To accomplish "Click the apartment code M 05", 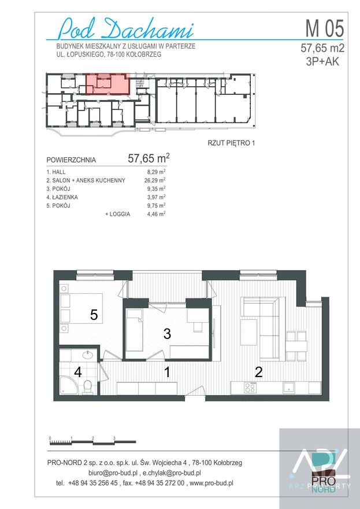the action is click(x=324, y=28).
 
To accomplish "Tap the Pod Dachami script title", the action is click(x=127, y=29).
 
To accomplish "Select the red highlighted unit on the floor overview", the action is click(x=107, y=84).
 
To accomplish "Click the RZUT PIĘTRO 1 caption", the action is click(x=231, y=143).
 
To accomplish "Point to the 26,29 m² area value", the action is click(x=155, y=180).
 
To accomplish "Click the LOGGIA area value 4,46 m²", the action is click(x=157, y=214).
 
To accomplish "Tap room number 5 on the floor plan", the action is click(x=94, y=315).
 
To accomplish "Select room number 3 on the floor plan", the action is click(x=167, y=334).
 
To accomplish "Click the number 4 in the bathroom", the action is click(x=78, y=372).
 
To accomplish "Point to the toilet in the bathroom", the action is click(x=87, y=386).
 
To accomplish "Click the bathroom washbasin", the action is click(x=88, y=355).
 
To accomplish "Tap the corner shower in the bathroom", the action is click(x=68, y=385).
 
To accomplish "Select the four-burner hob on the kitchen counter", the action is click(x=250, y=388).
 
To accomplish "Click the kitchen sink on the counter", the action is click(x=289, y=388).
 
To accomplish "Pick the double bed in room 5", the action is click(x=81, y=308).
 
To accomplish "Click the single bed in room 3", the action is click(x=135, y=330).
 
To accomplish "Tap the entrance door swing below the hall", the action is click(x=195, y=390).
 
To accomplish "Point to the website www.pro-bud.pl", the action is click(x=211, y=483).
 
